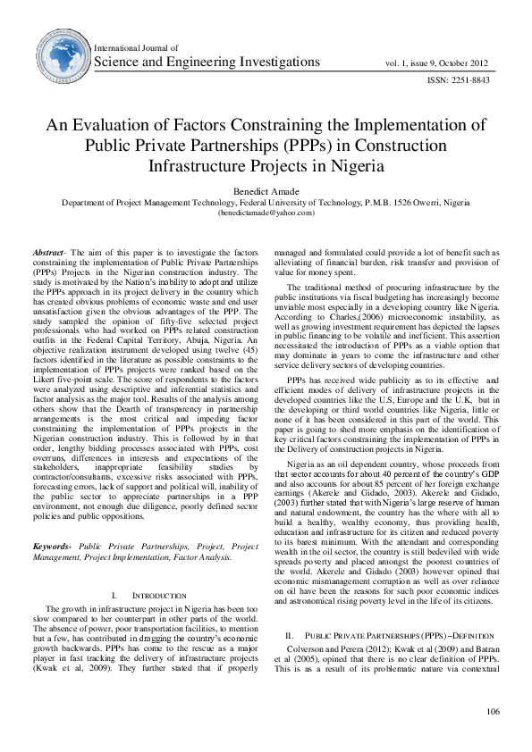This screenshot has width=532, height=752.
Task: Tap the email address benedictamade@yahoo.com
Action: pos(266,213)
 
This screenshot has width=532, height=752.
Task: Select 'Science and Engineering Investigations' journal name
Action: pos(207,62)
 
